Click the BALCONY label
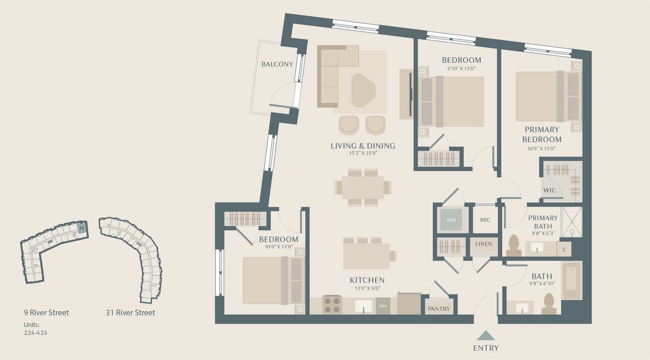[277, 64]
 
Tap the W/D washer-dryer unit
[451, 220]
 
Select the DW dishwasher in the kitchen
[383, 306]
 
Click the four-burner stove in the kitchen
[332, 305]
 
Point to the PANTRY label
[438, 309]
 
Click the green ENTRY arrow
[486, 336]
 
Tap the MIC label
[485, 220]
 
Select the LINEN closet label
[483, 244]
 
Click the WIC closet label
[549, 190]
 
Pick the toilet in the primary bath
[514, 245]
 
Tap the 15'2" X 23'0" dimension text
[363, 154]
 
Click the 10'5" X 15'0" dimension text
[542, 148]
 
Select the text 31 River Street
[130, 313]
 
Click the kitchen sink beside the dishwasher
[363, 306]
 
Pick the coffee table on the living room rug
[363, 90]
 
